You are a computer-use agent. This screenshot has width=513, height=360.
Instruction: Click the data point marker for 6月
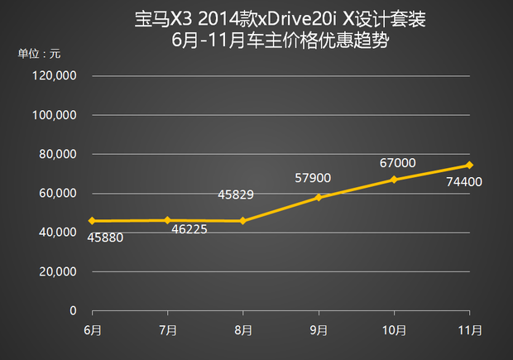(x=92, y=221)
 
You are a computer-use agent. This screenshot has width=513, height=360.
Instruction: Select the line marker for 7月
(x=168, y=220)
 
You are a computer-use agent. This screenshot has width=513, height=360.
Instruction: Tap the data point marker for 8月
(x=242, y=221)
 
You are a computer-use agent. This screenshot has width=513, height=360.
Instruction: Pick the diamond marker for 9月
(x=319, y=198)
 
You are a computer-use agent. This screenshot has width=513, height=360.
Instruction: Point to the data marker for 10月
(x=394, y=180)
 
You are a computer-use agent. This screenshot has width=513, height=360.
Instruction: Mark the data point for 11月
(x=470, y=165)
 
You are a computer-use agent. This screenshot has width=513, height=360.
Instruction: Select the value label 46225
(x=189, y=228)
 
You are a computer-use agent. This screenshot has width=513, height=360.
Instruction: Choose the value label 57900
(x=314, y=177)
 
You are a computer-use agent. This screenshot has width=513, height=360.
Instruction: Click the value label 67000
(x=398, y=163)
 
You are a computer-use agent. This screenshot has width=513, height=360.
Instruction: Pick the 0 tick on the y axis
(x=74, y=310)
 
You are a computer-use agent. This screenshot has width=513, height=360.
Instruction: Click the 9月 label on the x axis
(x=319, y=330)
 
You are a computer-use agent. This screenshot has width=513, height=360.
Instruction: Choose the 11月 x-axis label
(x=470, y=330)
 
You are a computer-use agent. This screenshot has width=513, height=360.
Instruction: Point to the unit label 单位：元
(x=39, y=54)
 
